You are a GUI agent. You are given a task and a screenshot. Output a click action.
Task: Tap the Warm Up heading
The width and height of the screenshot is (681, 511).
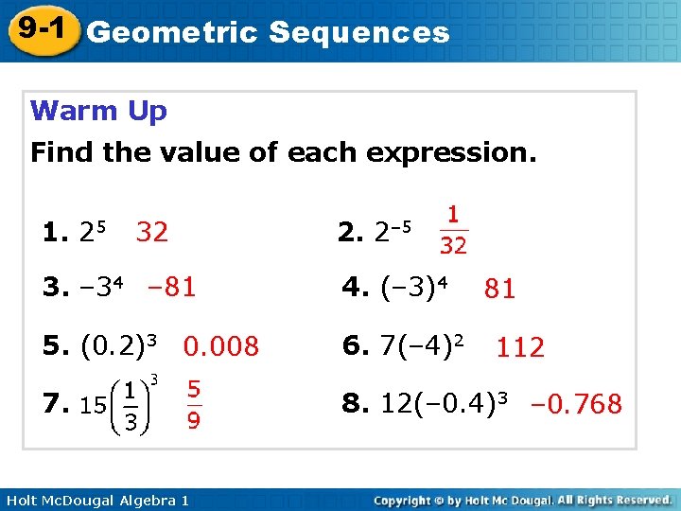pyautogui.click(x=98, y=111)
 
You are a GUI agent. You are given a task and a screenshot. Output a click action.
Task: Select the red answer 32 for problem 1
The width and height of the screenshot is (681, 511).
pyautogui.click(x=152, y=232)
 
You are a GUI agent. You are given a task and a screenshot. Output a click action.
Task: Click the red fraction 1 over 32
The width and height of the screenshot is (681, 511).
pyautogui.click(x=453, y=231)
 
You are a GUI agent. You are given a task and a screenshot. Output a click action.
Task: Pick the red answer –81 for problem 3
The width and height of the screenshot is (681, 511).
pyautogui.click(x=171, y=287)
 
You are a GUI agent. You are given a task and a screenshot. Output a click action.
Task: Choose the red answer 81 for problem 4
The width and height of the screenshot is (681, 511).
pyautogui.click(x=499, y=289)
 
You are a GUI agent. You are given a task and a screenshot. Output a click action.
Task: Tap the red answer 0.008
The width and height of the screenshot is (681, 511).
pyautogui.click(x=221, y=346)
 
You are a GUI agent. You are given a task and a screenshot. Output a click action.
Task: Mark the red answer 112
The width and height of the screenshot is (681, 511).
pyautogui.click(x=520, y=347)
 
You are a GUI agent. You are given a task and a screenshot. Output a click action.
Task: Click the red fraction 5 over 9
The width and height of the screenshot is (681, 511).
pyautogui.click(x=193, y=404)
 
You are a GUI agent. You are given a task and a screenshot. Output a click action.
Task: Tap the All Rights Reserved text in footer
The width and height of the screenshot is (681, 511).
pyautogui.click(x=614, y=499)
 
